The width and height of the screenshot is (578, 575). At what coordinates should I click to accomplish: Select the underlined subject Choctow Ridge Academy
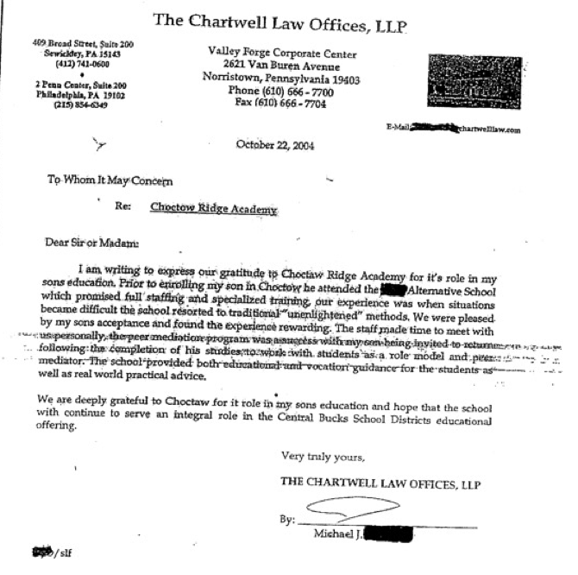[213, 209]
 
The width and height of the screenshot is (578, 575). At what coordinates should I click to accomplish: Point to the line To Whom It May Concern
[110, 180]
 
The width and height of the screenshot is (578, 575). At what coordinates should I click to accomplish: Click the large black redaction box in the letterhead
[474, 81]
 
